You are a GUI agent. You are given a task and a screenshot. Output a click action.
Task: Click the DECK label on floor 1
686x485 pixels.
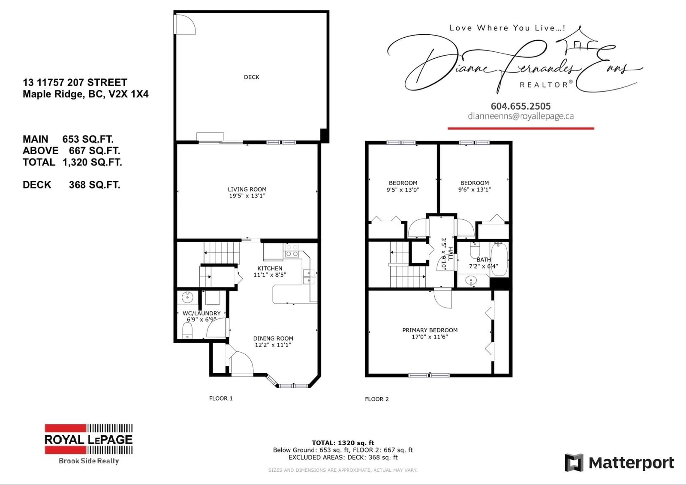click(x=251, y=77)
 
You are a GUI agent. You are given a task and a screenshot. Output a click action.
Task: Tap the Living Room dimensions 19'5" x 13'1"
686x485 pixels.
click(x=247, y=196)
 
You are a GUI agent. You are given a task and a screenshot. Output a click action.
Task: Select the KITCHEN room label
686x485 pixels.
click(x=270, y=268)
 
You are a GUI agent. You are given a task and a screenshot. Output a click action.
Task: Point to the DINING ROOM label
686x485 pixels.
click(x=273, y=338)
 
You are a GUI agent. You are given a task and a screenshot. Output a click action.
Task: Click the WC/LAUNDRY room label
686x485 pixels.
click(x=202, y=313)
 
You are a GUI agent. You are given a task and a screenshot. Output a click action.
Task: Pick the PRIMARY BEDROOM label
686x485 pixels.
click(x=430, y=330)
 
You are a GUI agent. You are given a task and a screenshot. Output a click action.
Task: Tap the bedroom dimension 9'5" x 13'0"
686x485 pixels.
click(x=403, y=190)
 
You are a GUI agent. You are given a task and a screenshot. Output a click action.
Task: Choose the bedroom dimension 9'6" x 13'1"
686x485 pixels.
click(x=474, y=190)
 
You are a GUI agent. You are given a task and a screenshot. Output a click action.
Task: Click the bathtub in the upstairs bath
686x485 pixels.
click(x=499, y=260)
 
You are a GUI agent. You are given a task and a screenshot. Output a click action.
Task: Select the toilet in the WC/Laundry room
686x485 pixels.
click(x=187, y=331)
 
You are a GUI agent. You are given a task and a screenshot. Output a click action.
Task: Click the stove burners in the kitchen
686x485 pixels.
click(x=292, y=250)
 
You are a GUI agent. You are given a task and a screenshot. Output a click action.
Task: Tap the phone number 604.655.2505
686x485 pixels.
click(x=521, y=106)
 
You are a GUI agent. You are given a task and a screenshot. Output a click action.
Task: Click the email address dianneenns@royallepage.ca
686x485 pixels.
click(x=521, y=116)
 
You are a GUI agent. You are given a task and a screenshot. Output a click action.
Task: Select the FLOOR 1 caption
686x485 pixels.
click(x=221, y=398)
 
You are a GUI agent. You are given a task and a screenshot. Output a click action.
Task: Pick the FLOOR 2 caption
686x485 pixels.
click(x=377, y=399)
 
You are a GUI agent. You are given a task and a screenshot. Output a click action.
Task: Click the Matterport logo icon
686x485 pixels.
click(x=574, y=463)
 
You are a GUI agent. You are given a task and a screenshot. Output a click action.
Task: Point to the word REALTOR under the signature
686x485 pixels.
click(x=544, y=85)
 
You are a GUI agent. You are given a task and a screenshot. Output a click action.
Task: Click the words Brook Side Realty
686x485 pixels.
click(x=88, y=461)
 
